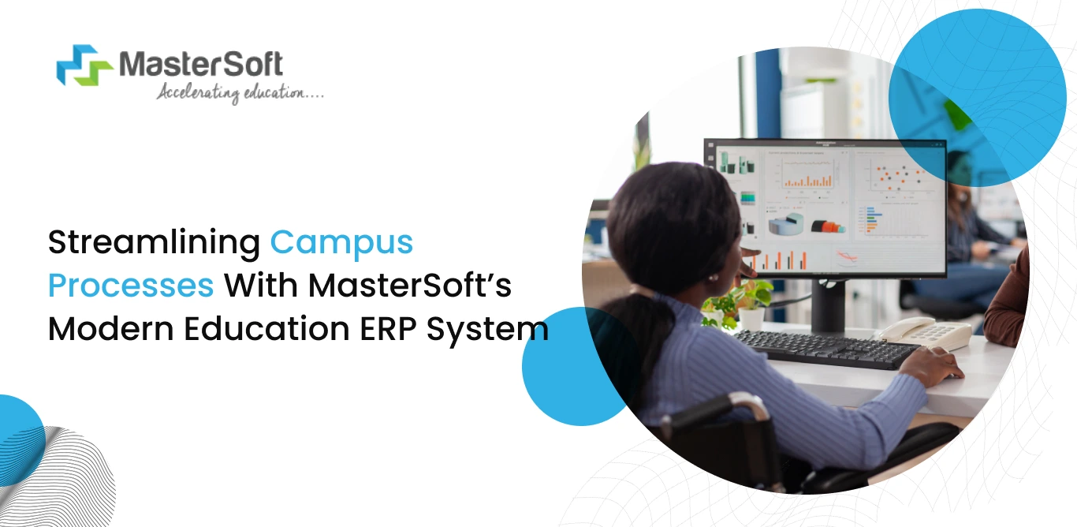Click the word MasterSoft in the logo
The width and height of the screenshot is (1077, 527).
(x=200, y=63)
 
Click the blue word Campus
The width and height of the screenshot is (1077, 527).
(x=341, y=242)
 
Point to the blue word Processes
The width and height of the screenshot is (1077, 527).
(x=131, y=286)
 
